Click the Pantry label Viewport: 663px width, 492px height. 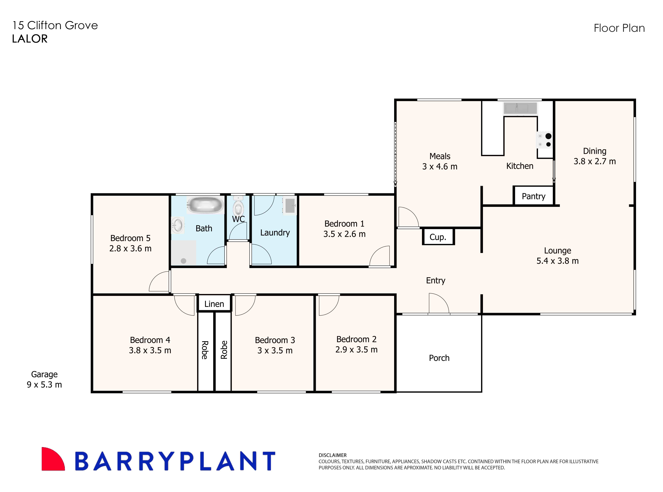(533, 196)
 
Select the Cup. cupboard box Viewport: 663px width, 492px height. (438, 237)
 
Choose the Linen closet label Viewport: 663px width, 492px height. (214, 304)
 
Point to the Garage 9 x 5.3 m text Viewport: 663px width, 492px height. (44, 379)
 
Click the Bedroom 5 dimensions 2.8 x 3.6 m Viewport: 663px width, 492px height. (130, 248)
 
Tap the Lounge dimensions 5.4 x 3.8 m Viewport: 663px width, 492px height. (557, 261)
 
